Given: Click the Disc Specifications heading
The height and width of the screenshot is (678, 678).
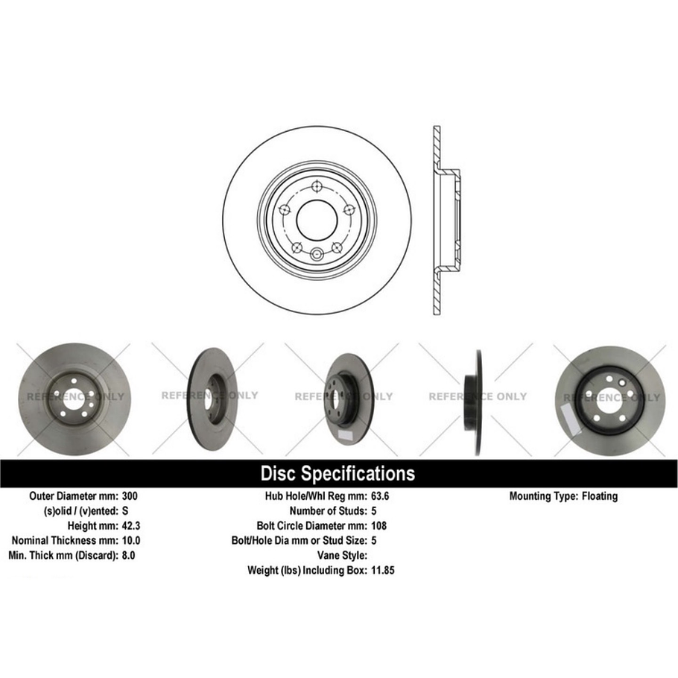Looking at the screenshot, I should pos(338,473).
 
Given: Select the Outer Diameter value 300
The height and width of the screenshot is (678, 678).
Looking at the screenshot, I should pos(130,495).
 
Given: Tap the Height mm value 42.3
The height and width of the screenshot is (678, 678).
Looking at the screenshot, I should pos(131,525).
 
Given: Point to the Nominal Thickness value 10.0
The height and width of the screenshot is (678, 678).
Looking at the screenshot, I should pos(131,540).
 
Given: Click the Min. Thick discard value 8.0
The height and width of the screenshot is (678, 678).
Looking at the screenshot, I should pos(128,555).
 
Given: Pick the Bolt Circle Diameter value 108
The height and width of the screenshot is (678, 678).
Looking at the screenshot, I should pos(379,525).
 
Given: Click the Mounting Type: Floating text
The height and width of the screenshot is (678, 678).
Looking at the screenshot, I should pos(563,495).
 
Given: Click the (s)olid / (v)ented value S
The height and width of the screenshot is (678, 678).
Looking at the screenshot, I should pos(124,510).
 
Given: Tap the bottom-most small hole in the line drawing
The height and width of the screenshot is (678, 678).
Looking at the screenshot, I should pos(316,253).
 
